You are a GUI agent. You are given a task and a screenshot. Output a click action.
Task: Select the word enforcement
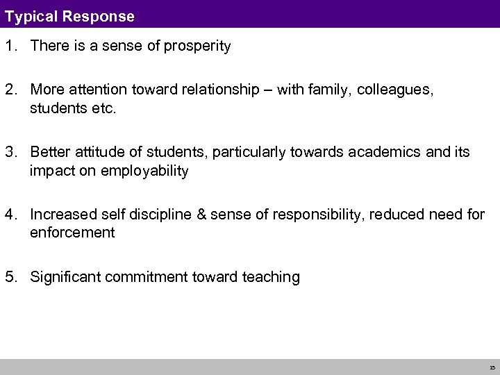click(72, 233)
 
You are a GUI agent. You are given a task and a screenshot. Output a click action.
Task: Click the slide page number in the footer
click(492, 367)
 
